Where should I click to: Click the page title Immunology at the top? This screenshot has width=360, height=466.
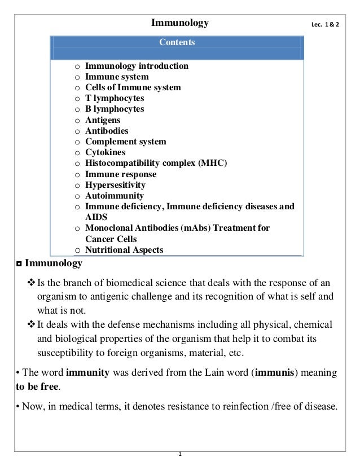tap(180, 23)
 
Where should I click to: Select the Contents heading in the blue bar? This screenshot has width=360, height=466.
tap(177, 42)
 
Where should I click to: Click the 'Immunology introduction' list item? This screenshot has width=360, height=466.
tap(137, 66)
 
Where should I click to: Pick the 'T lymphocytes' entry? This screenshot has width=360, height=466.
tap(115, 98)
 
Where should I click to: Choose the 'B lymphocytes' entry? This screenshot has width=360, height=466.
tap(115, 109)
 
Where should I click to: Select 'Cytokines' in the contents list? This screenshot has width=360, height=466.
tap(105, 152)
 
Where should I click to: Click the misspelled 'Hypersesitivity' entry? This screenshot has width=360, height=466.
tap(115, 185)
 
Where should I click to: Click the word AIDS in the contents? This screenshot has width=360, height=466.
tap(96, 217)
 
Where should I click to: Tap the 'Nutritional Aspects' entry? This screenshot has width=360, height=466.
tap(124, 250)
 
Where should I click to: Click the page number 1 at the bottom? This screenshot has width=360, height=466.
tap(179, 454)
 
